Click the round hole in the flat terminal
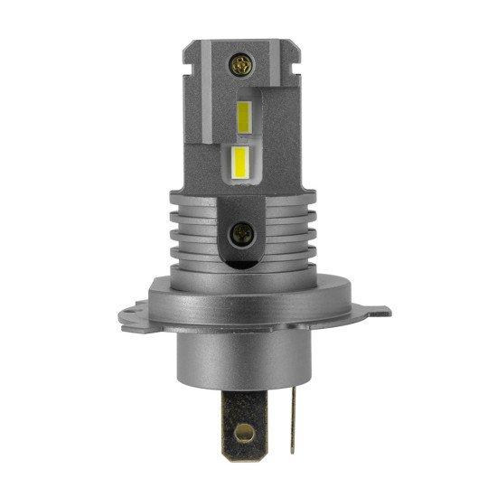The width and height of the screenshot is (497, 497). point(242,448)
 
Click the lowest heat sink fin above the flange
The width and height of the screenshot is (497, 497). point(217,268)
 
